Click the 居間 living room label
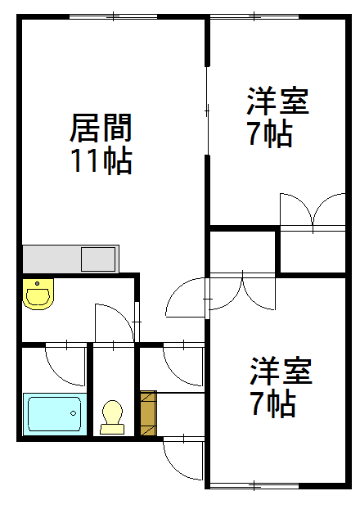pos(101,128)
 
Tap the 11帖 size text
pos(101,160)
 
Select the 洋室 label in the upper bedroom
pos(277,101)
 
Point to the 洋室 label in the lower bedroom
pos(281,371)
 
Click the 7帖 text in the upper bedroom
pos(270,133)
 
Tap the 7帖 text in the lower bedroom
pos(273,403)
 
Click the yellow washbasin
pos(38,294)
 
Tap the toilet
pos(112,417)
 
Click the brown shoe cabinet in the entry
pos(148,413)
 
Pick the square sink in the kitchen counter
pos(98,259)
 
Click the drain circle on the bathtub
pos(74,413)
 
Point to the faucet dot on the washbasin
pos(38,283)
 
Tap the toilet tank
pos(112,429)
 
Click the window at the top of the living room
pos(113,16)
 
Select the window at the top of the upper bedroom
pos(254,16)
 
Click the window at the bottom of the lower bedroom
pos(254,486)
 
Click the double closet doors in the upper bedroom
pos(313,211)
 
